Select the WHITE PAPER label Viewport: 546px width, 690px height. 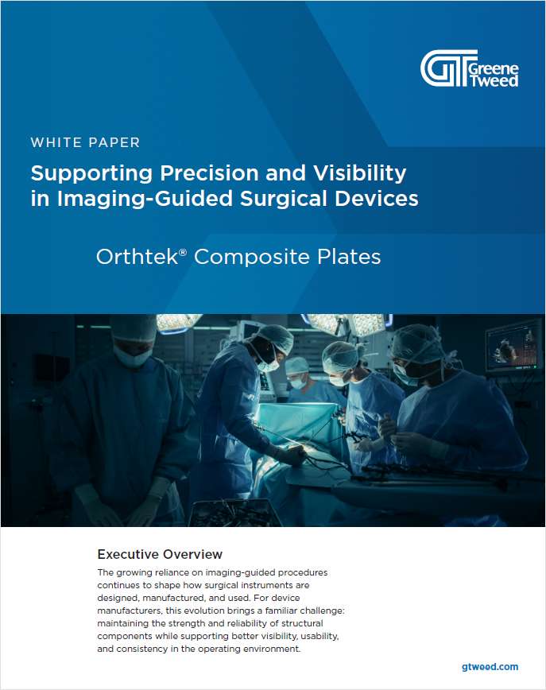point(85,143)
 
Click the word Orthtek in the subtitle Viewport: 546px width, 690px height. point(138,258)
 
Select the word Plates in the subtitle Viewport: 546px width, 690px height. point(347,258)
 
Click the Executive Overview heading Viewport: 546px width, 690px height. point(160,554)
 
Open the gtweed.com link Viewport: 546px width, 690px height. point(490,666)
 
